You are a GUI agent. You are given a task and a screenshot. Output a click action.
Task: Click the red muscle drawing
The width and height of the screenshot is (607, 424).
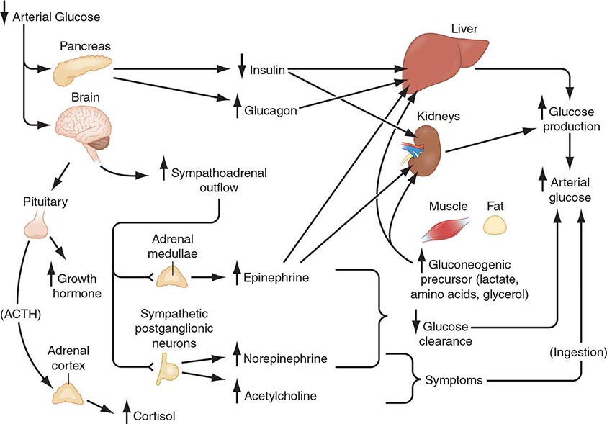coord(446,230)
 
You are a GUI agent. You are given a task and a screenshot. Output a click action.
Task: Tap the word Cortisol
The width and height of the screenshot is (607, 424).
coord(154,415)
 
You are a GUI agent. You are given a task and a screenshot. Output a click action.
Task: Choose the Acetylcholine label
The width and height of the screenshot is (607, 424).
coord(281,394)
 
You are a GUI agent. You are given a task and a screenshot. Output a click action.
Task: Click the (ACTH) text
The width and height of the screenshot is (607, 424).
coord(22,315)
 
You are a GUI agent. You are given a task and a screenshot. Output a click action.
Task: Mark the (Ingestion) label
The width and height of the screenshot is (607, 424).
coord(577,352)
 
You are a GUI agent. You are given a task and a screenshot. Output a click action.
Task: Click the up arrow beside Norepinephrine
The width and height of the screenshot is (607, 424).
coord(235,358)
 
